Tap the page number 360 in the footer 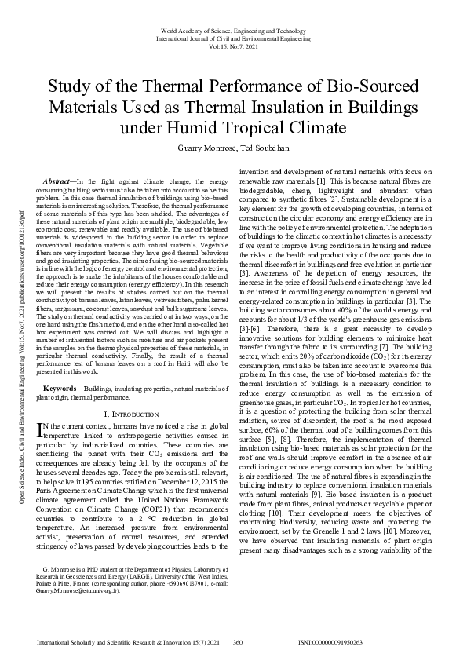(x=237, y=642)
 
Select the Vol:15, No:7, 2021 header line (x=233, y=45)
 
